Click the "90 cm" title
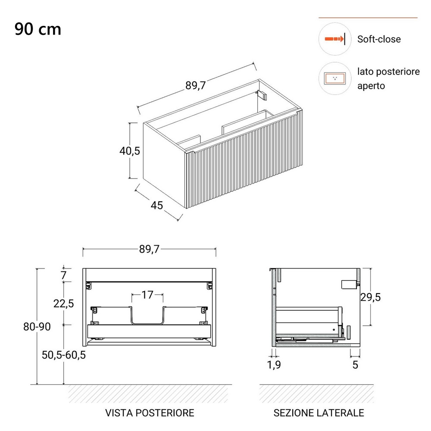(37, 29)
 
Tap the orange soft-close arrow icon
(334, 39)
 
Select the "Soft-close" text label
(379, 39)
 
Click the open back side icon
(334, 78)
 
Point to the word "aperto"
(371, 86)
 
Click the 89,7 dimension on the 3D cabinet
(195, 85)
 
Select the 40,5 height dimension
(130, 150)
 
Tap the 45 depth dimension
(157, 205)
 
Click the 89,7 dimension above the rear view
(149, 249)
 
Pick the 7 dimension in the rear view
(64, 275)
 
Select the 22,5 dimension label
(63, 303)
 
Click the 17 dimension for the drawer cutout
(147, 295)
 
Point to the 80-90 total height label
(37, 327)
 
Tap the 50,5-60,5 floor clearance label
(64, 355)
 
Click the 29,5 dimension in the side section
(371, 297)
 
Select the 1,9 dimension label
(274, 365)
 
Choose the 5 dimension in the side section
(355, 365)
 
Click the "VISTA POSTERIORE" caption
(150, 412)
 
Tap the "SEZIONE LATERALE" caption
(319, 412)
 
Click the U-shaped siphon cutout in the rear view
(147, 323)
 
